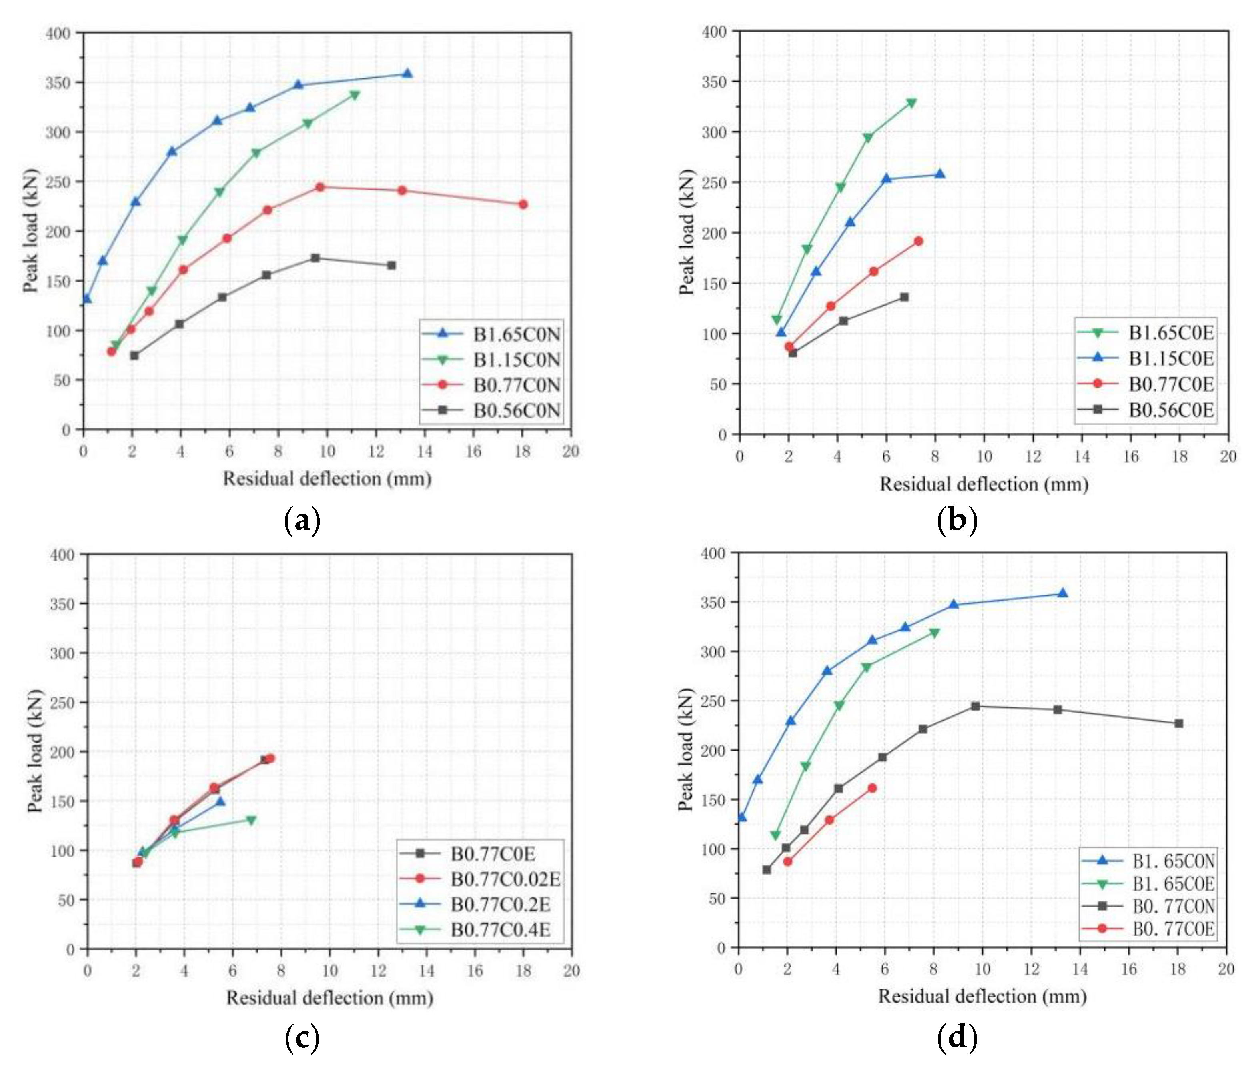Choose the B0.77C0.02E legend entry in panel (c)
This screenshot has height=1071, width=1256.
point(505,879)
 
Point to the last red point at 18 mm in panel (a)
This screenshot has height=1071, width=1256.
point(523,204)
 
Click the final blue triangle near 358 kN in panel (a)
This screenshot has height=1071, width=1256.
point(407,74)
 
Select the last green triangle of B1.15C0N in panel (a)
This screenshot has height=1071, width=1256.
point(355,95)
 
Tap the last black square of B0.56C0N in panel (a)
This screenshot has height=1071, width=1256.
point(391,266)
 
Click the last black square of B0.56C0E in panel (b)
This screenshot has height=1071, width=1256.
point(904,297)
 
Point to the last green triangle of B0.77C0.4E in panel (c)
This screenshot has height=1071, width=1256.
point(251,821)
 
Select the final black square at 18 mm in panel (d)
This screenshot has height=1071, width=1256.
point(1178,723)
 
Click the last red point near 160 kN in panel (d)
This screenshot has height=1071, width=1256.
point(872,788)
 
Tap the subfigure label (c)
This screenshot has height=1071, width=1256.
point(302,1038)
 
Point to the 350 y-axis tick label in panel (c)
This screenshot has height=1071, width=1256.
point(62,604)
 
